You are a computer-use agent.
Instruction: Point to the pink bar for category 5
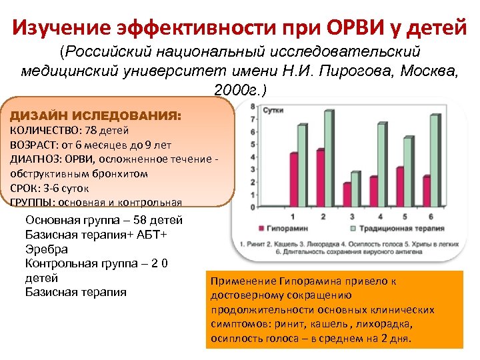point(400,187)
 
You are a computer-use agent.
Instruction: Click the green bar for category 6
point(435,161)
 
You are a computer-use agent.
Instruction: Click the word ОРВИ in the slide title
point(361,28)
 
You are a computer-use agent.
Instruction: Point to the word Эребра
point(46,249)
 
